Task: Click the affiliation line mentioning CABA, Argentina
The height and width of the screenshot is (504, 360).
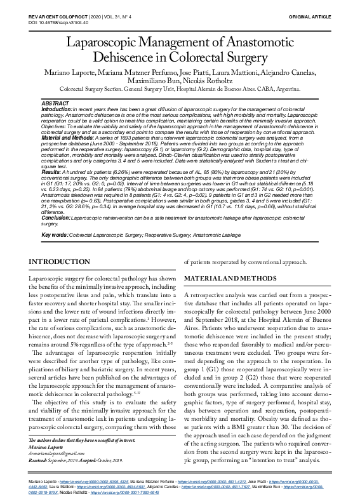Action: pos(179,90)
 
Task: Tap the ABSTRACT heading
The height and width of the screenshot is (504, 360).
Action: pos(55,103)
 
